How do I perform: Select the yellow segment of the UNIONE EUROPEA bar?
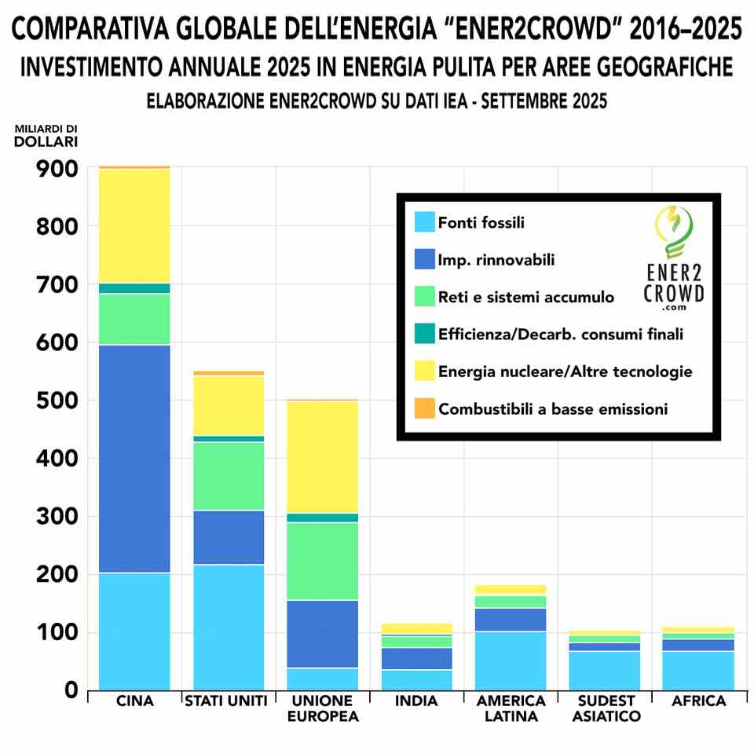[x=323, y=456]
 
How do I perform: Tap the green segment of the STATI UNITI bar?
[x=229, y=476]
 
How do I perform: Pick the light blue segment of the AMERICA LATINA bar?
[x=511, y=661]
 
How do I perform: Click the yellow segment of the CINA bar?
[x=134, y=226]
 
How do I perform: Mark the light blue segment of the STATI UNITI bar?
[x=229, y=627]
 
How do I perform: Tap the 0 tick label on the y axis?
[x=71, y=690]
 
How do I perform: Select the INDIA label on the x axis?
[x=416, y=701]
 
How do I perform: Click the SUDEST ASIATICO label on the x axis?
[x=606, y=708]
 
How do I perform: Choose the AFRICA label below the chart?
[x=699, y=701]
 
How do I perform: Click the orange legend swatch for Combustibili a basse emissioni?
[x=424, y=408]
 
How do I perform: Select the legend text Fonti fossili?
[x=481, y=223]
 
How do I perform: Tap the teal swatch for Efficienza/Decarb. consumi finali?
[x=424, y=335]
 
